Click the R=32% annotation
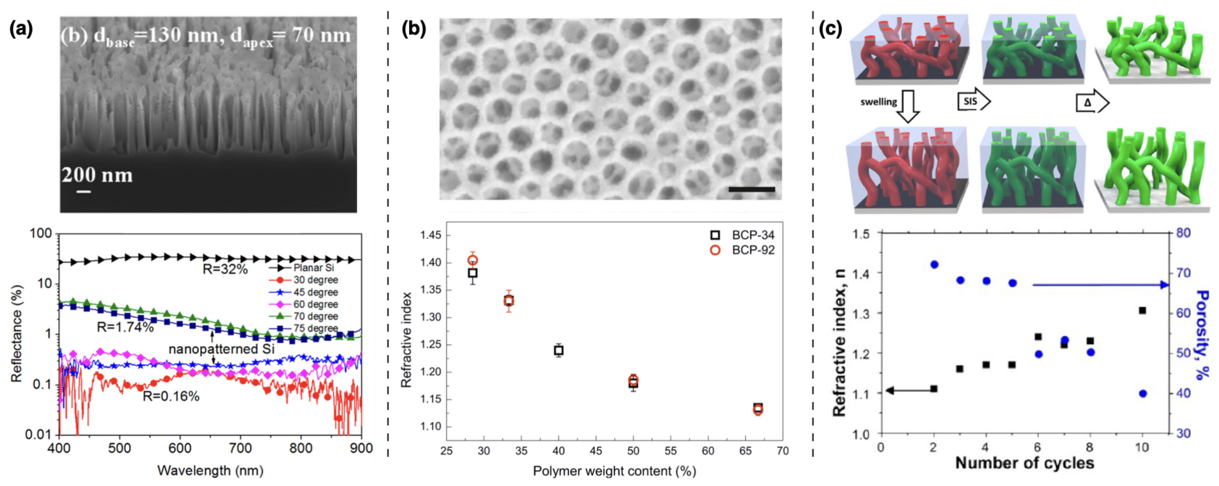pos(225,269)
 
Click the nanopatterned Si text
pos(222,349)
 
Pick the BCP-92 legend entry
pos(753,250)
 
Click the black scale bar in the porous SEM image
pos(752,189)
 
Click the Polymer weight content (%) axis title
pos(614,471)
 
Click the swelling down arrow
pos(908,106)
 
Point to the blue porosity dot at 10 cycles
pos(1143,393)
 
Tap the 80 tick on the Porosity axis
pos(1183,232)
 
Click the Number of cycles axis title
pos(1025,463)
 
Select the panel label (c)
pos(831,29)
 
